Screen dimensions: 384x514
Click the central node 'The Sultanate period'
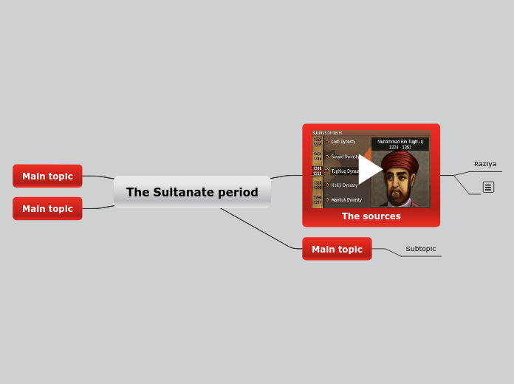click(x=192, y=192)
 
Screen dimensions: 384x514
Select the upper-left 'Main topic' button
click(x=47, y=176)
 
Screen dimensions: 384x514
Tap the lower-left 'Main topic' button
click(x=47, y=208)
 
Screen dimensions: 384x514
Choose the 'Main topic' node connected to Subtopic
click(x=337, y=249)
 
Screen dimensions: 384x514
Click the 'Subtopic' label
click(x=420, y=249)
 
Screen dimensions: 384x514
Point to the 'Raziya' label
click(x=484, y=164)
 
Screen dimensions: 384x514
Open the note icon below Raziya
click(x=488, y=188)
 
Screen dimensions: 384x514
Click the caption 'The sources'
click(x=371, y=216)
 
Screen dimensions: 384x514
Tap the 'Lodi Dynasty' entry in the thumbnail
click(x=343, y=141)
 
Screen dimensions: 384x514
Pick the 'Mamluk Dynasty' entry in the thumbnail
click(x=345, y=199)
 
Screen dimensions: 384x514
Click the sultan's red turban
click(x=400, y=162)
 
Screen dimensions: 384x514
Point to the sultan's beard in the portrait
click(x=400, y=198)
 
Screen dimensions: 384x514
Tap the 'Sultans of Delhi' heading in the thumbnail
click(x=326, y=133)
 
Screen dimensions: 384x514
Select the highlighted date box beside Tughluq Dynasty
click(x=317, y=171)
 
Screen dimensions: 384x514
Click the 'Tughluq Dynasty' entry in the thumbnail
click(x=344, y=171)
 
